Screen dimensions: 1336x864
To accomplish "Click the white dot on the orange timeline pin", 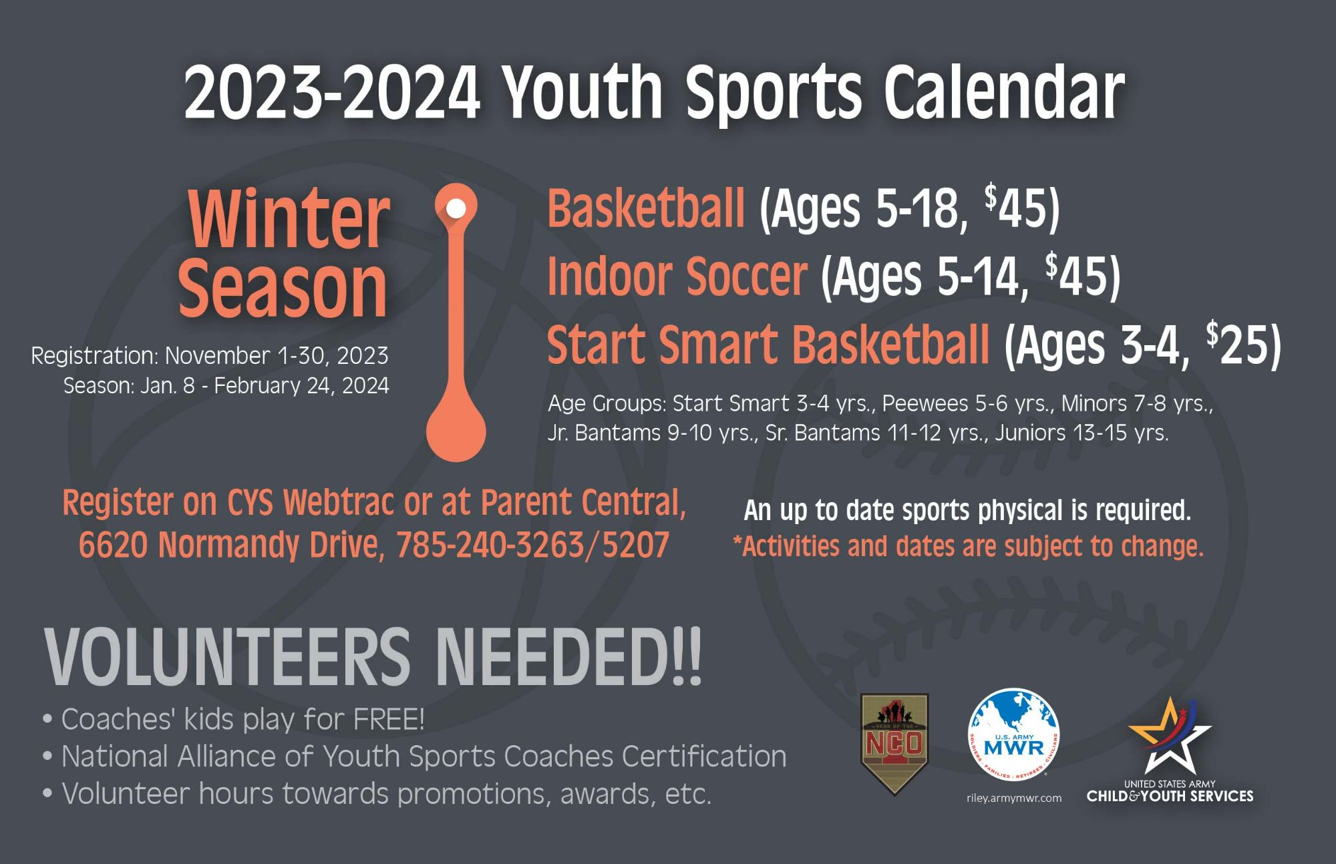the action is [456, 208].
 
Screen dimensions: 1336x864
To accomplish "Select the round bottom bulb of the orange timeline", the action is [456, 431].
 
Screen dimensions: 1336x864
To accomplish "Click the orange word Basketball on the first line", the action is [646, 208].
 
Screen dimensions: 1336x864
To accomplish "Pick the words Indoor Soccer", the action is [677, 276].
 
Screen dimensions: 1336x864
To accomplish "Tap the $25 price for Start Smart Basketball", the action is [1242, 344].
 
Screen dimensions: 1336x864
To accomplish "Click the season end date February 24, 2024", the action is [301, 386].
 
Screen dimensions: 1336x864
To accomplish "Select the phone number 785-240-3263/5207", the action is [532, 545].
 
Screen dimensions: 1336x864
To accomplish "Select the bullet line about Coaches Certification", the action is [414, 757].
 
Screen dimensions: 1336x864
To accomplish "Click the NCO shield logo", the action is [894, 744].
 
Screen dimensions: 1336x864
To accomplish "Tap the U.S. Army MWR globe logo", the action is [1014, 734].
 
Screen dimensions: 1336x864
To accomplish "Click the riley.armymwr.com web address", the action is [1014, 798].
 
